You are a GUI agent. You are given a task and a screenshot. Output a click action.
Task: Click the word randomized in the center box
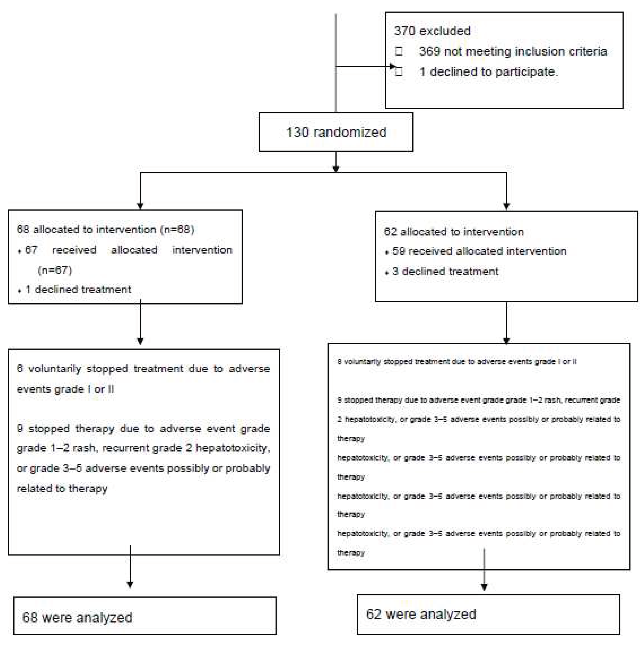click(350, 132)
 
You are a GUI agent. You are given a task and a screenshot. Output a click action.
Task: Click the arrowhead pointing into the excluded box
click(393, 66)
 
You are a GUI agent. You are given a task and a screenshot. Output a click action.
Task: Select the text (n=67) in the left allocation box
click(55, 270)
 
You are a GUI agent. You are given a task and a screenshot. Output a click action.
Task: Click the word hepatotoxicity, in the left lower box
click(233, 448)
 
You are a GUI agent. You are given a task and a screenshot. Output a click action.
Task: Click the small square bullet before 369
click(399, 51)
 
